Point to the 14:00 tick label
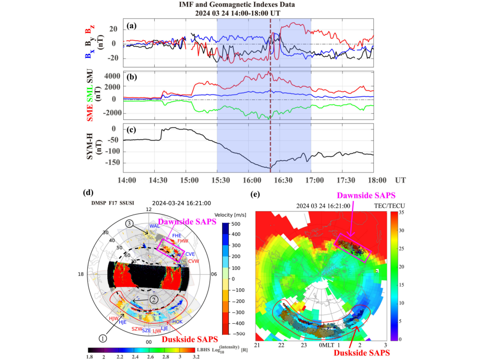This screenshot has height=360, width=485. [126, 180]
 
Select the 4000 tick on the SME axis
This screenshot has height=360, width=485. [111, 76]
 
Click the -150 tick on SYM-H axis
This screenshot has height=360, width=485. [110, 163]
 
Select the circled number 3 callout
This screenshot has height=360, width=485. [129, 223]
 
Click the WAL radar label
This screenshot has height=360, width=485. [154, 226]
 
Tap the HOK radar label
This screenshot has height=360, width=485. [178, 322]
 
